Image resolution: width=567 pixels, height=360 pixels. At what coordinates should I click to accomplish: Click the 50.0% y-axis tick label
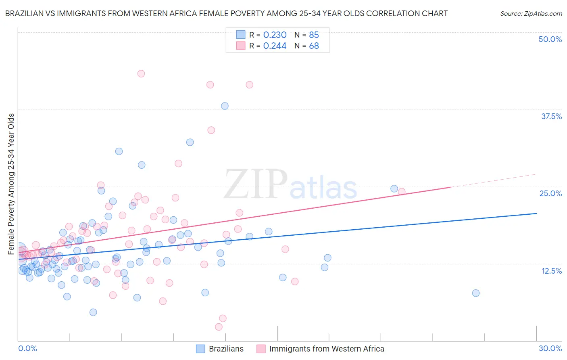pos(550,39)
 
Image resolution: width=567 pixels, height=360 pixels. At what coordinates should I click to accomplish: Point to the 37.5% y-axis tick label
pos(551,116)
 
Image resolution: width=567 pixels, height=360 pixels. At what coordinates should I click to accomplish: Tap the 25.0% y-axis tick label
pos(550,193)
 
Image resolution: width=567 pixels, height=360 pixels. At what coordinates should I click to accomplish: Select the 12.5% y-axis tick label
pos(551,270)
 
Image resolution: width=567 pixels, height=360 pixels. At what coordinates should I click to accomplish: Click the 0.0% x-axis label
pos(27,348)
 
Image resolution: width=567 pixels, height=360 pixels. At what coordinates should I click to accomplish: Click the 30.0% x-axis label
pos(550,348)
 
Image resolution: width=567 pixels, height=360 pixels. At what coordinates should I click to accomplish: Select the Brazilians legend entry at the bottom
pos(220,349)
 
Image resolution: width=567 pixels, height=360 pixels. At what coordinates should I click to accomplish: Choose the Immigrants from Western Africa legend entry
pos(321,349)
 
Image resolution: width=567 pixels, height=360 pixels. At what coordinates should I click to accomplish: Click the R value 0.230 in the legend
pos(275,35)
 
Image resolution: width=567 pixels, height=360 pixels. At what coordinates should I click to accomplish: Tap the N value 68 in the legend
pos(314,46)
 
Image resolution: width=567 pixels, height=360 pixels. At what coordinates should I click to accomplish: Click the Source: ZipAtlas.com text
pos(531,13)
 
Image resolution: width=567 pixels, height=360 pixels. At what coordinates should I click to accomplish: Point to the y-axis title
pos(11,184)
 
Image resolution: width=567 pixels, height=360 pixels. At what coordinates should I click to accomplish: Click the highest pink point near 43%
pos(141,73)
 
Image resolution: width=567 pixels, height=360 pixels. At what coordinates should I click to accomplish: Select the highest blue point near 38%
pos(225,106)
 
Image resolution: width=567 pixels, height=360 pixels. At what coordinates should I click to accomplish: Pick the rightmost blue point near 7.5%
pos(476,293)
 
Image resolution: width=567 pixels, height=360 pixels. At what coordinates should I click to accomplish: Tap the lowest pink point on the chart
pos(219,327)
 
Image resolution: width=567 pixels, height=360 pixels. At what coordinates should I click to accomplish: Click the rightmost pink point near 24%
pos(402,192)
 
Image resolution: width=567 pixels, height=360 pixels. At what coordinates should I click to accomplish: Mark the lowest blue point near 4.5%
pos(93,312)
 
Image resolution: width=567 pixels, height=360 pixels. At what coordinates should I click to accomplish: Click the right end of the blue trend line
pos(536,213)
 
